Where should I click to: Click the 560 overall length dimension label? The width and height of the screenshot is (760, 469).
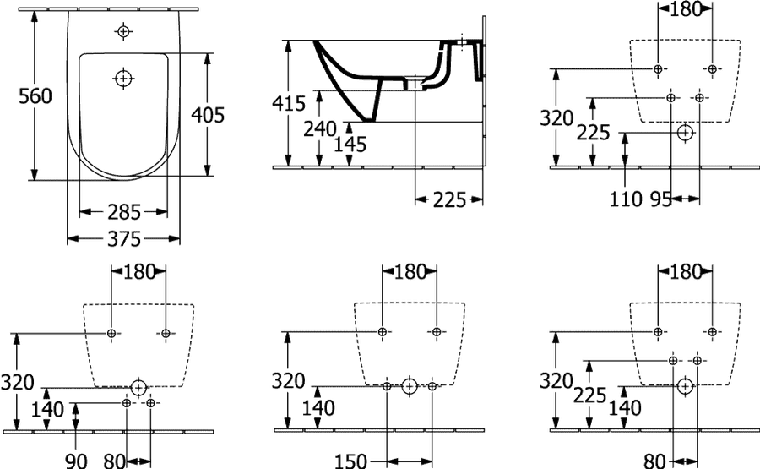(35, 96)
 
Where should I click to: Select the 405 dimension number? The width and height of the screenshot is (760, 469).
(208, 115)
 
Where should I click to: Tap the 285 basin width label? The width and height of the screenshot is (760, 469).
(124, 212)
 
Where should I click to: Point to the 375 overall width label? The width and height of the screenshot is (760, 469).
(124, 238)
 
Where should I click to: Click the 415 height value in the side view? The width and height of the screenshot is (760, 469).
(289, 103)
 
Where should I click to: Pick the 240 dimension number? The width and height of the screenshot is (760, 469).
(320, 129)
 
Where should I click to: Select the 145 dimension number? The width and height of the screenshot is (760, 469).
(350, 145)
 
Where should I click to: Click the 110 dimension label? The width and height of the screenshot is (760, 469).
(626, 199)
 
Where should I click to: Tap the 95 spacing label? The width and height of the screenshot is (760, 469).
(661, 199)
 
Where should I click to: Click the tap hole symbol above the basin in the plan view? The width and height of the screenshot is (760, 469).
(123, 31)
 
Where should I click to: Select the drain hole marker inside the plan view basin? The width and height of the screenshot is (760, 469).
(123, 78)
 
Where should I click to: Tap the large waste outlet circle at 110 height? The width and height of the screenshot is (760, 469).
(686, 132)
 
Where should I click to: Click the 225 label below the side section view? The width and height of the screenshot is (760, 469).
(449, 199)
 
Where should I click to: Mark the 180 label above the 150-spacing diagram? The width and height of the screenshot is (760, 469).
(410, 272)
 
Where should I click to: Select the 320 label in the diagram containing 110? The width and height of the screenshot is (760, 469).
(557, 117)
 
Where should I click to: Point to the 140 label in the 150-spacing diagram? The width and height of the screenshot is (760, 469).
(318, 408)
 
